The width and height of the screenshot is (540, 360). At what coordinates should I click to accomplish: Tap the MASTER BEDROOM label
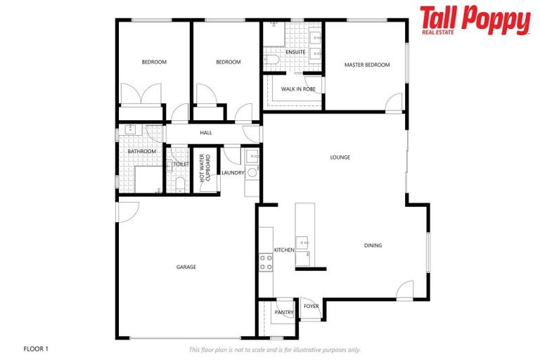coord(366,65)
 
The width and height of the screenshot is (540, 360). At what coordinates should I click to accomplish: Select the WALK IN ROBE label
coord(298,89)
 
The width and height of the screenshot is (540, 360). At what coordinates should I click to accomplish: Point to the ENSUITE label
coord(295,52)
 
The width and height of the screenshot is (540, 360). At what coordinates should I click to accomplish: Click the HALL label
coord(206,133)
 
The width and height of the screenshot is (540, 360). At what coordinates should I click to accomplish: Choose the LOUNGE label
coord(340,157)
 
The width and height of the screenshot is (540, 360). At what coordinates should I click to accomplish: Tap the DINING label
coord(373,245)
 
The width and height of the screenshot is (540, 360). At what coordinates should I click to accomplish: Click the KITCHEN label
coord(284,250)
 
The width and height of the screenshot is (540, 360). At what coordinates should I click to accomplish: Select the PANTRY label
coord(284,312)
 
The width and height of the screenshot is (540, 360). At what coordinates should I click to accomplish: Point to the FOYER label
coord(311,307)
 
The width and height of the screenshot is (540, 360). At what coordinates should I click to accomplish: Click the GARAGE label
coord(186,267)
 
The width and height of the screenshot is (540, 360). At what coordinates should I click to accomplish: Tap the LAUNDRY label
coord(232,173)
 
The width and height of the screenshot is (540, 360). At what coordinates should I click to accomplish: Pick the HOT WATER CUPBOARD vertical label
coord(205,168)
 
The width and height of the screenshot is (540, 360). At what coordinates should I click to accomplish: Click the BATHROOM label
coord(141,151)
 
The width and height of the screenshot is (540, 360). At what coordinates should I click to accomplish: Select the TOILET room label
coord(181,165)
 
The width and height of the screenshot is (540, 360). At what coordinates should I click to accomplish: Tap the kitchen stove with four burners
coord(266,262)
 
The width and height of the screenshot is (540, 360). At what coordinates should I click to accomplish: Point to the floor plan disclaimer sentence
coord(274,349)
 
